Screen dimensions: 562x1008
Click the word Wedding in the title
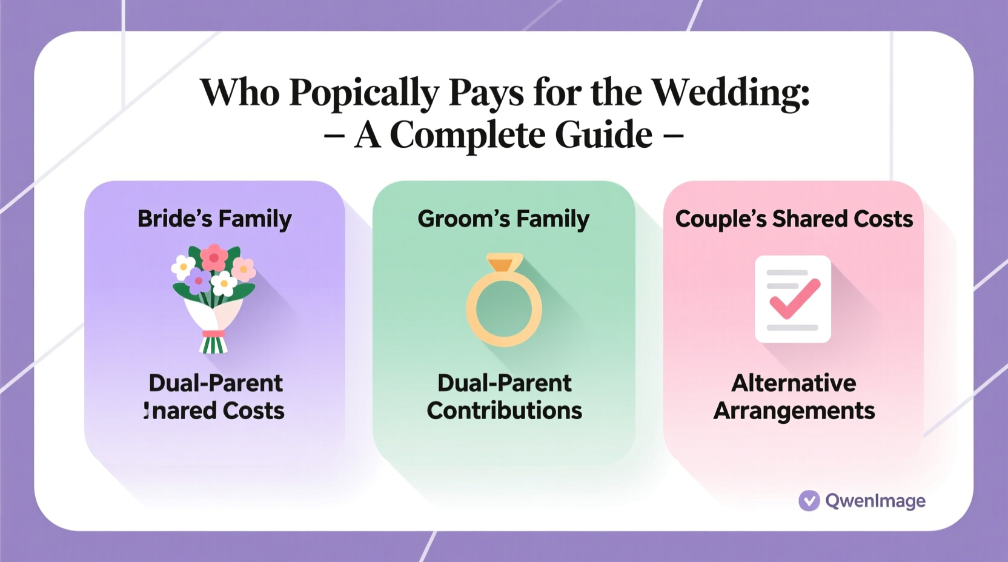(730, 93)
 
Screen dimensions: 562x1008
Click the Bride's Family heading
(214, 219)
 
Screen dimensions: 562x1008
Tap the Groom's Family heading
(503, 219)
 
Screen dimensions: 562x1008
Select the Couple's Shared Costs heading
(794, 219)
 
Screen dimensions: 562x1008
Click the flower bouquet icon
(214, 297)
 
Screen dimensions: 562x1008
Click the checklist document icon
(793, 299)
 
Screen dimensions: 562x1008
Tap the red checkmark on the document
(795, 298)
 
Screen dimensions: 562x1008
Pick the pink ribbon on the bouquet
(213, 334)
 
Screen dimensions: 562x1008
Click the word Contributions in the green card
(504, 411)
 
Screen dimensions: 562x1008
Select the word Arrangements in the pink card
(794, 411)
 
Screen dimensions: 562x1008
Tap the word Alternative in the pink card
(794, 383)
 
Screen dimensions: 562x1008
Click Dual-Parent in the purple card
(215, 383)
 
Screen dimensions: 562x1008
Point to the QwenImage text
(875, 501)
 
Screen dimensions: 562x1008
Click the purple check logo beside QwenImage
(809, 501)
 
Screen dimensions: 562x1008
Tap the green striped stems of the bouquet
(213, 345)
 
